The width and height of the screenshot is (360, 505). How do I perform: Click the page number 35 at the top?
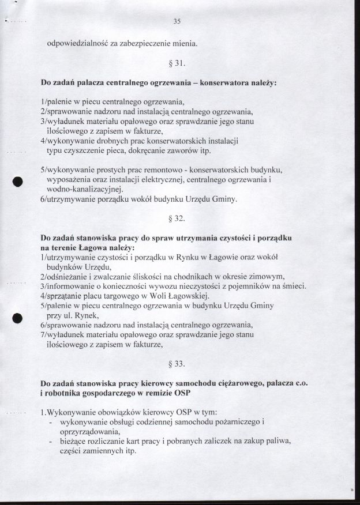[177, 22]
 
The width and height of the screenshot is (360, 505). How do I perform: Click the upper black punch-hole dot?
[18, 180]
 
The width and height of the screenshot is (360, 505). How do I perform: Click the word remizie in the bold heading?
[148, 393]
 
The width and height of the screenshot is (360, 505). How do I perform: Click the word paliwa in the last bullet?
[278, 441]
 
